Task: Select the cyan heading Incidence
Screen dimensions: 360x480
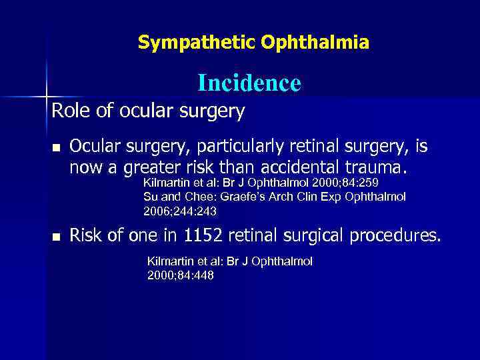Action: (x=249, y=83)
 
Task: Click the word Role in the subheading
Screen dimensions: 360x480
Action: (x=70, y=111)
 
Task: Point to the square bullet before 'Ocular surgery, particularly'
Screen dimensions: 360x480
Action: (x=56, y=147)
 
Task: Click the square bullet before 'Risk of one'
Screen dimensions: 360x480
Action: (x=56, y=236)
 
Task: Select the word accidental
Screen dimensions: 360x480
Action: (x=329, y=164)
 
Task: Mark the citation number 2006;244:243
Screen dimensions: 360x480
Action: (x=180, y=211)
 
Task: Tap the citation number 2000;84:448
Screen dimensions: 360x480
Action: (x=181, y=275)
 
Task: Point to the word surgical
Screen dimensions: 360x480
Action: (x=319, y=235)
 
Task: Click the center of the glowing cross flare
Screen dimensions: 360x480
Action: (x=47, y=97)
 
